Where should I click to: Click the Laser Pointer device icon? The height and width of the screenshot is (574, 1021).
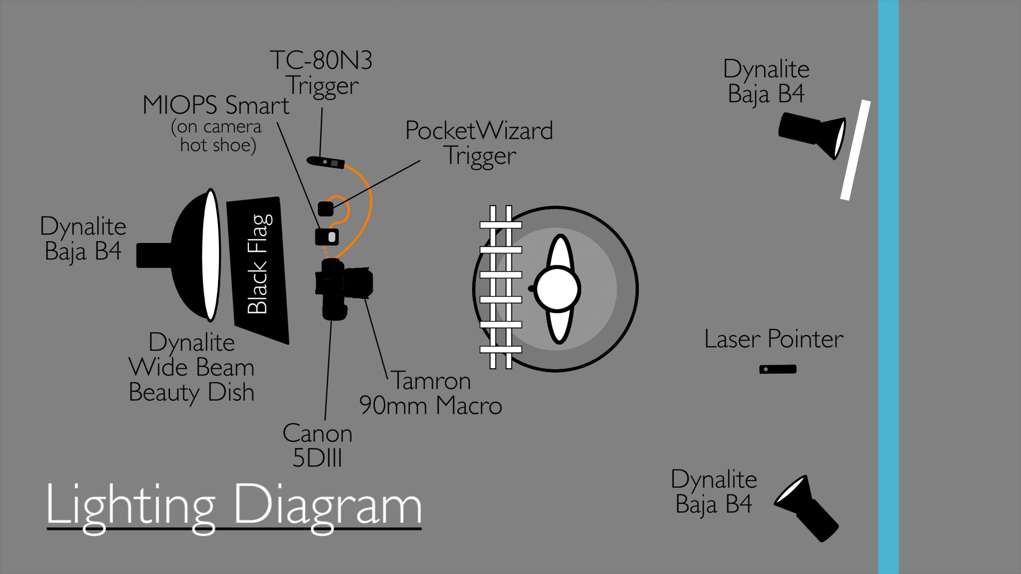[x=777, y=369]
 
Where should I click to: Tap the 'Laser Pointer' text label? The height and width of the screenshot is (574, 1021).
[x=774, y=339]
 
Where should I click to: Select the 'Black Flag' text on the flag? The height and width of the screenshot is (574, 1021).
[x=259, y=264]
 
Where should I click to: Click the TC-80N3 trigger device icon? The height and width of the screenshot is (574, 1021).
[x=326, y=161]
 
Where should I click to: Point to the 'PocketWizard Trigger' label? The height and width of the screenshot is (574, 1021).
[x=479, y=143]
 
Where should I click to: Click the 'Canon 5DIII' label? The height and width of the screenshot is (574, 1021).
[x=317, y=445]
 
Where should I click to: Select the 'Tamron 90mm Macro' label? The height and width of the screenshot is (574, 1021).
[x=431, y=393]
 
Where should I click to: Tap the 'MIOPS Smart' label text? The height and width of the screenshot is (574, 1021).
[x=216, y=105]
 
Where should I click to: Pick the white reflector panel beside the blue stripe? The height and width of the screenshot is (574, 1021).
[x=855, y=150]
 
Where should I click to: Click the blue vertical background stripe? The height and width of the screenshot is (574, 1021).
[x=888, y=287]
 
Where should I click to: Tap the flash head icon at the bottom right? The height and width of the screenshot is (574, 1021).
[x=806, y=508]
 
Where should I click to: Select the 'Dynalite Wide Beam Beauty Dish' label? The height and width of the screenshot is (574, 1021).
[x=191, y=367]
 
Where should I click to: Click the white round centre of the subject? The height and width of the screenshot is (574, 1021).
[x=557, y=289]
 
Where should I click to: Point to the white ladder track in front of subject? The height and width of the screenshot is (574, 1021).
[x=500, y=287]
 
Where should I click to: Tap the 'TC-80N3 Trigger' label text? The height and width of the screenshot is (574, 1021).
[x=321, y=73]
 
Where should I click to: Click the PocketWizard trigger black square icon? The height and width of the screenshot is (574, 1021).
[x=326, y=208]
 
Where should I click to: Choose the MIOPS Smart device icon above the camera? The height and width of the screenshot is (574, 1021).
[x=327, y=237]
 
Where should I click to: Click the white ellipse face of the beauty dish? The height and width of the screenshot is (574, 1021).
[x=211, y=255]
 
